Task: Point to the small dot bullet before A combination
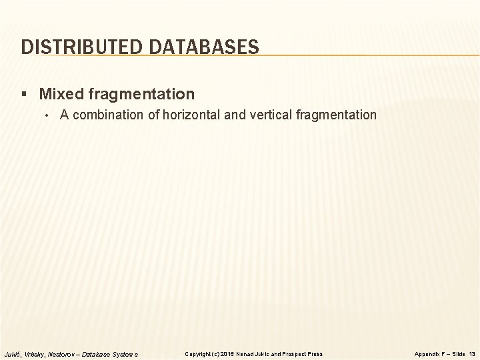click(x=48, y=116)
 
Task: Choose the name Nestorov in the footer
click(x=62, y=353)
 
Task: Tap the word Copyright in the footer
click(x=199, y=353)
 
